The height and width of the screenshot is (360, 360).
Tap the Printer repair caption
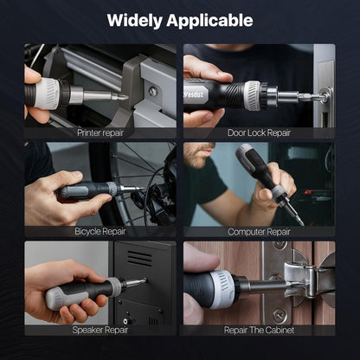pos(100,133)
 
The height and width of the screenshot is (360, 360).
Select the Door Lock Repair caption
pos(259,133)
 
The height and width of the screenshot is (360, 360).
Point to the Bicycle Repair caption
pos(100,231)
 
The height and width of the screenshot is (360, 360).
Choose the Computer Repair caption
pos(259,231)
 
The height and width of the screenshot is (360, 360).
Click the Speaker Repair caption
pos(100,330)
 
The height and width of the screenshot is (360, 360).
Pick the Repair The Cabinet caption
pos(259,330)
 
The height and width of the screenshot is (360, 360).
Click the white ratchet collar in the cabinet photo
pos(222,289)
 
